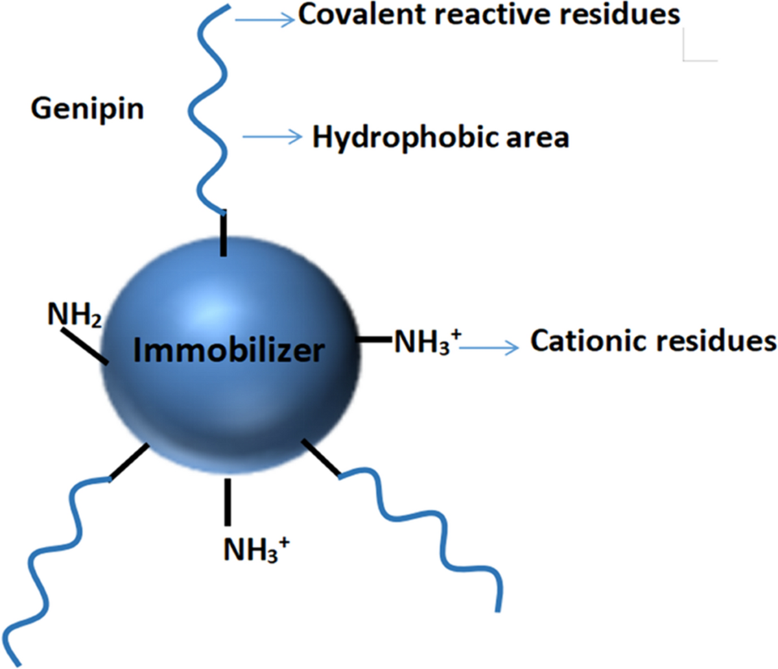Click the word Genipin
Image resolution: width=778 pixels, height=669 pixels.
87,108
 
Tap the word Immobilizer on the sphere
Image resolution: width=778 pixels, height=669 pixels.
228,350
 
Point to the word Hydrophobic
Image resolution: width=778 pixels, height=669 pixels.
396,137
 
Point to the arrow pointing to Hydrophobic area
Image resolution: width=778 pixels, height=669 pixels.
272,136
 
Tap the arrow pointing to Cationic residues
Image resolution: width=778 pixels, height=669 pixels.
489,348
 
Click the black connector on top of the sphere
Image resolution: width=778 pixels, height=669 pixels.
224,234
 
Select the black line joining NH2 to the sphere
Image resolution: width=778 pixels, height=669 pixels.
84,345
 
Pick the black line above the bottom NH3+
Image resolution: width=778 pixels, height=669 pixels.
227,502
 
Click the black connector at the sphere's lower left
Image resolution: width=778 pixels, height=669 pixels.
130,462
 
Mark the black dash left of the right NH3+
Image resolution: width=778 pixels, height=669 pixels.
374,339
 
